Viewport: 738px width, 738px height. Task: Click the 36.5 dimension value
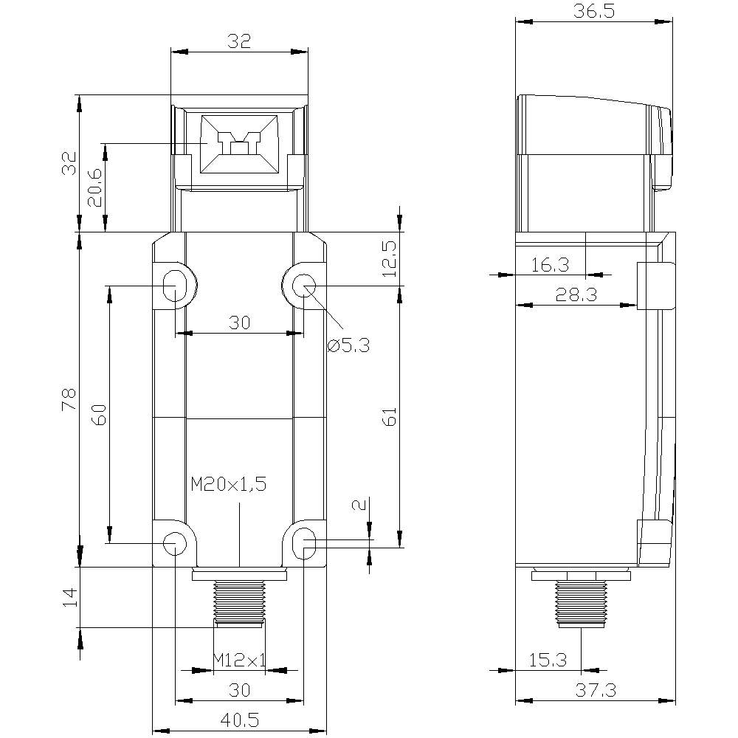pos(594,11)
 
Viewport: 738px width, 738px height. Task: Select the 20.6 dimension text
pos(94,187)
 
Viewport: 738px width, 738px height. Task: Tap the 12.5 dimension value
pos(389,258)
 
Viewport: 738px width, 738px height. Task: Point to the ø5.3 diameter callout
pos(349,346)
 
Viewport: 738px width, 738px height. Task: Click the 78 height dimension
pos(69,399)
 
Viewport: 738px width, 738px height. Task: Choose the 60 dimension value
pos(100,415)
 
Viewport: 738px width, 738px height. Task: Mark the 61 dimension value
pos(390,416)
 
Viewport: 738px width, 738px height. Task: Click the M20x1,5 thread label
pos(229,484)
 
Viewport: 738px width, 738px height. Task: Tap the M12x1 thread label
pos(240,660)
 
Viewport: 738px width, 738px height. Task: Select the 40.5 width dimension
pos(240,720)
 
